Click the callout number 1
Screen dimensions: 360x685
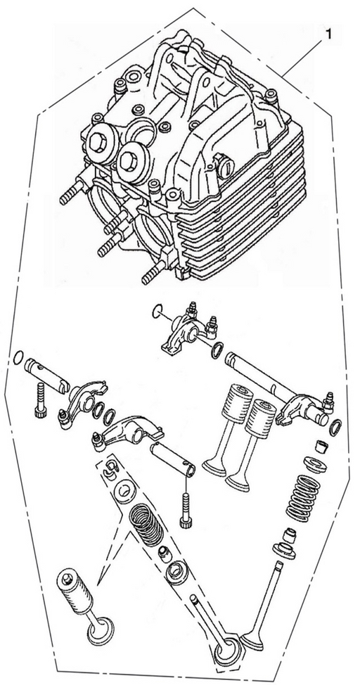coord(328,34)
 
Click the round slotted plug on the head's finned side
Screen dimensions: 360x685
coord(226,167)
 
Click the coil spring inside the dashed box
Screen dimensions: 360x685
coord(148,524)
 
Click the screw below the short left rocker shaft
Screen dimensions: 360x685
coord(40,399)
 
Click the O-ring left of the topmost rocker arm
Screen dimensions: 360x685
coord(157,312)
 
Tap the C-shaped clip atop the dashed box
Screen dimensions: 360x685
coord(111,467)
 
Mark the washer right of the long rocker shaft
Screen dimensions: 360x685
coord(335,428)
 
